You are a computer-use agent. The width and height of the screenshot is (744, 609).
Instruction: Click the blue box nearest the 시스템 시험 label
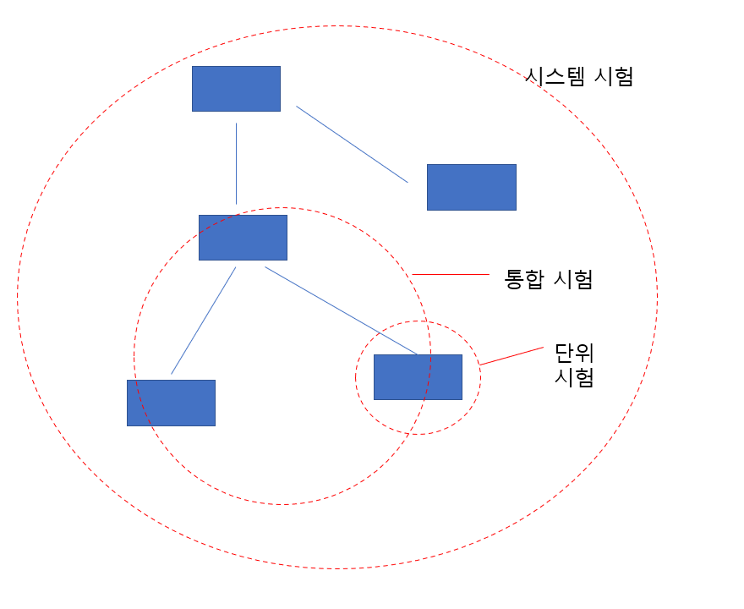pyautogui.click(x=471, y=187)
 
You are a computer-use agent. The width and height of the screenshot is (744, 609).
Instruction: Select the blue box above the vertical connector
pyautogui.click(x=236, y=89)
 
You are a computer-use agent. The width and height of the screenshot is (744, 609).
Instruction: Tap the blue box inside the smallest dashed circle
pyautogui.click(x=418, y=377)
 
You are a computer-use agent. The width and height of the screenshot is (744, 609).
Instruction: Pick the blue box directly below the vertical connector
pyautogui.click(x=243, y=237)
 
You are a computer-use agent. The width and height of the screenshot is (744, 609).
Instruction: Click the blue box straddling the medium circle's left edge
pyautogui.click(x=171, y=403)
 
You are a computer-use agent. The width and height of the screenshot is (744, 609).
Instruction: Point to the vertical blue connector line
pyautogui.click(x=236, y=163)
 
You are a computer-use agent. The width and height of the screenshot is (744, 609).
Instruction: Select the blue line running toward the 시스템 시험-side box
pyautogui.click(x=352, y=144)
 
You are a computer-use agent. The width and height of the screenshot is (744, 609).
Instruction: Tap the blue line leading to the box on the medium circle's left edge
pyautogui.click(x=203, y=321)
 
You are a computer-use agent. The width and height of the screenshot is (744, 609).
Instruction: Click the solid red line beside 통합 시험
pyautogui.click(x=451, y=274)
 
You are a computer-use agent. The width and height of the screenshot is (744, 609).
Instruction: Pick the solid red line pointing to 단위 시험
pyautogui.click(x=511, y=355)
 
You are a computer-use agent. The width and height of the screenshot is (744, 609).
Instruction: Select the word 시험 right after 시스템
pyautogui.click(x=612, y=77)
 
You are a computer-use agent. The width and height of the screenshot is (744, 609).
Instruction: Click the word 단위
pyautogui.click(x=574, y=352)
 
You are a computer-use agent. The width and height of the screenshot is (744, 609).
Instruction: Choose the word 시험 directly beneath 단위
pyautogui.click(x=574, y=377)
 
